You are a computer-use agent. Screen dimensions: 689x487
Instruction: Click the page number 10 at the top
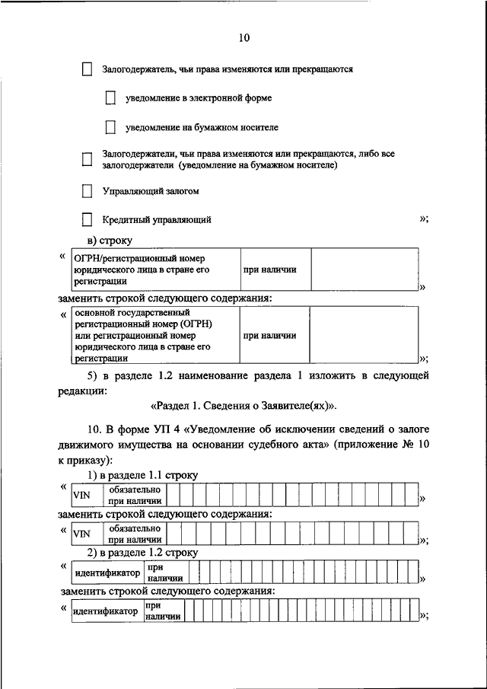243,37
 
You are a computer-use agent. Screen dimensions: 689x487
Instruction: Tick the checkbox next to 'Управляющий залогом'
87,190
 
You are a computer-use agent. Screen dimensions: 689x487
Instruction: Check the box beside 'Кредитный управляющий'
87,220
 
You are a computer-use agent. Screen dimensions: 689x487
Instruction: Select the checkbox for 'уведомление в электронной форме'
110,97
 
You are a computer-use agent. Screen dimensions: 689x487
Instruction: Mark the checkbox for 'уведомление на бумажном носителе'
110,127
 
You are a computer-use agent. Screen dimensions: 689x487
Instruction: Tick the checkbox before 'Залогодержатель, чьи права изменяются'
87,69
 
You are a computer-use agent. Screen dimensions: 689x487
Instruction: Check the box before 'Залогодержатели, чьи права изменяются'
87,159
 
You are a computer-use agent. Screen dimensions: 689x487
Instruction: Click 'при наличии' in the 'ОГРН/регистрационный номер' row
269,270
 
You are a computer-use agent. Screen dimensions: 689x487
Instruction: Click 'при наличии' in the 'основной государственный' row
269,336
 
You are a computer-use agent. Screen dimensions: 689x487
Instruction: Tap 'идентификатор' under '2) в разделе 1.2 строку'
107,573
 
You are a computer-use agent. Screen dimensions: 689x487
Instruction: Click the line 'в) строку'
109,241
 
